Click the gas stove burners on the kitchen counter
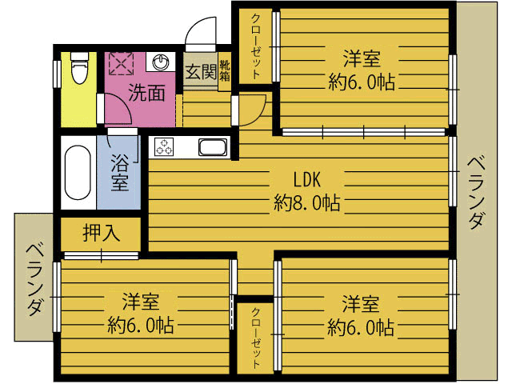point(164,147)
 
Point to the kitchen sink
point(213,147)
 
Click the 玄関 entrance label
point(200,72)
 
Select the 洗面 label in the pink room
point(147,93)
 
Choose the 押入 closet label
point(102,233)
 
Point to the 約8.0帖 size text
point(307,202)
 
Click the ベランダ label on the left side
point(34,279)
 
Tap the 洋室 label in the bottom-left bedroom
point(142,302)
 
